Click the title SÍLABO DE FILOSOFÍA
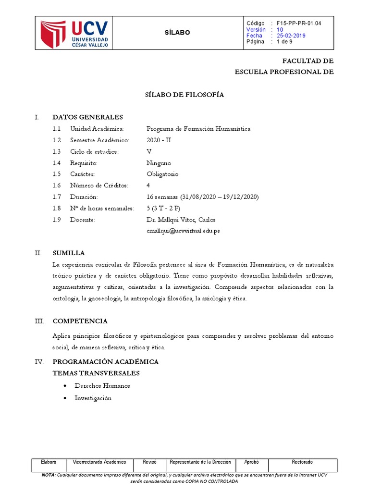(184, 95)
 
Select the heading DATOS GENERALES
(87, 117)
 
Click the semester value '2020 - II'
(159, 140)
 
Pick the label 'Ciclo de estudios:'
(94, 151)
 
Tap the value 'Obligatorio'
(162, 174)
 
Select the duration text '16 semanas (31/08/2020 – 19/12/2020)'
(203, 197)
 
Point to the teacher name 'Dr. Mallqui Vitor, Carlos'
(181, 220)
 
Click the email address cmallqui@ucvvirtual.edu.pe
(184, 231)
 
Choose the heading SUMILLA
(69, 253)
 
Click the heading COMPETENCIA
(80, 321)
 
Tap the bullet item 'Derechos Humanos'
(102, 386)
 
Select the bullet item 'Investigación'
(93, 398)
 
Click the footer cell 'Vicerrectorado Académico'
(99, 462)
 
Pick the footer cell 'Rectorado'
(302, 462)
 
